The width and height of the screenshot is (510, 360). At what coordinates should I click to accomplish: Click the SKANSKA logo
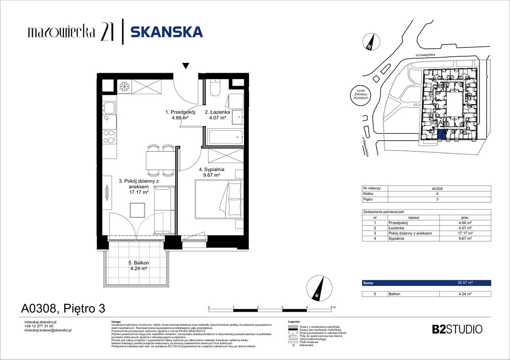coord(167,32)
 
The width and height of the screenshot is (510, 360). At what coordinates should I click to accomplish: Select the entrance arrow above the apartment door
coord(186,66)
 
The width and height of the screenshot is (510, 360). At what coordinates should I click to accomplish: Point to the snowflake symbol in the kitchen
coord(125,87)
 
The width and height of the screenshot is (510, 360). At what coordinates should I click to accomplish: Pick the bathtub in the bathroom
coord(224,137)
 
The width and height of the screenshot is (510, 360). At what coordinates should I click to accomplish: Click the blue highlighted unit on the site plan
coord(441,135)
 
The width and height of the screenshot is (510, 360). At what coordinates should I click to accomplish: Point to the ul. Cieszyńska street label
coord(422,55)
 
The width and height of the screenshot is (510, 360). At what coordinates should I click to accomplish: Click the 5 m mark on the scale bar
coord(333,307)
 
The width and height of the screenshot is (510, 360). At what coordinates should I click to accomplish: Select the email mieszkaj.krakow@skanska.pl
coord(47,330)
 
